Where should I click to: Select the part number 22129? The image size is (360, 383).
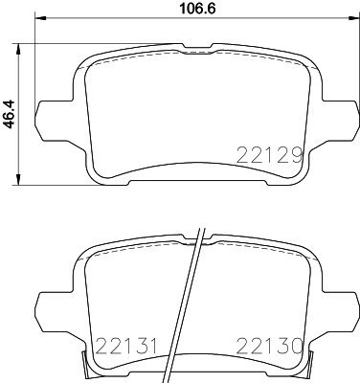(x=274, y=153)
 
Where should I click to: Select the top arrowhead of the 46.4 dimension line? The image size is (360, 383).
(x=19, y=46)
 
